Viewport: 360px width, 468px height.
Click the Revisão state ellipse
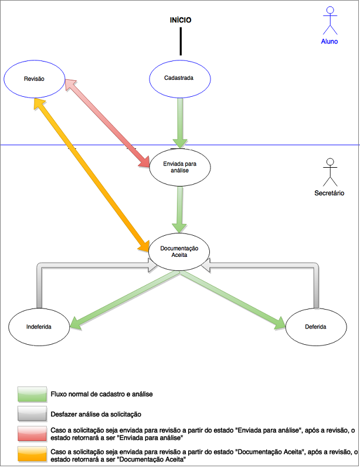click(34, 78)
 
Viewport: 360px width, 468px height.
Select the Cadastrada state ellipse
click(179, 78)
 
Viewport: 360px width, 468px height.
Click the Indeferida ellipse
click(39, 325)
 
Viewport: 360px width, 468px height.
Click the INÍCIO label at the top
click(181, 21)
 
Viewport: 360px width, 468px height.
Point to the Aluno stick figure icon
click(330, 21)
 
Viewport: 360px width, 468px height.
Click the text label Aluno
click(330, 42)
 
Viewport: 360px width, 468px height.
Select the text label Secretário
click(330, 193)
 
